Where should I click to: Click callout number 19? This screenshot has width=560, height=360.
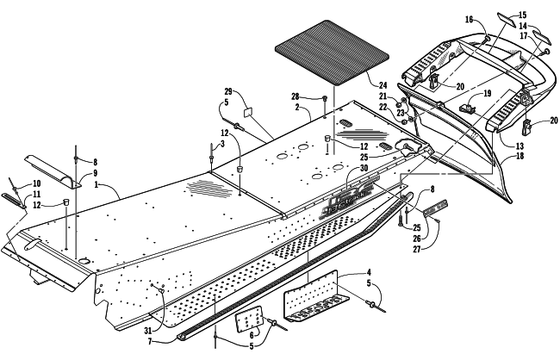tap(487, 92)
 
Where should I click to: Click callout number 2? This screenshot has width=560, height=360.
tap(295, 109)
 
